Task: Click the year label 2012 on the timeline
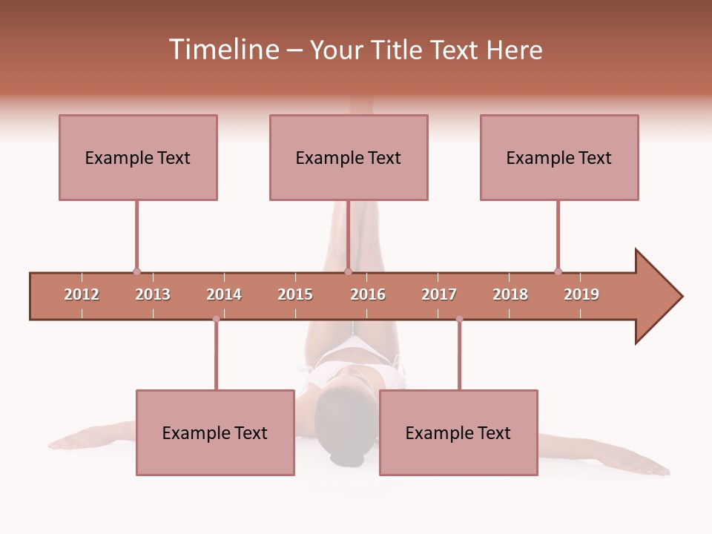(82, 294)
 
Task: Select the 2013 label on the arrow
(153, 294)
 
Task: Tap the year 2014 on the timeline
(224, 294)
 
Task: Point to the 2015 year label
(295, 294)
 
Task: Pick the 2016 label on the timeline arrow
(368, 294)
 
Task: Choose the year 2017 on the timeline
(439, 294)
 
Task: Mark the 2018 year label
(510, 294)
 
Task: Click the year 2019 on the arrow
(581, 294)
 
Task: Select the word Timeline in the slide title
(222, 50)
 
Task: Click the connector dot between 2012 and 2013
(136, 271)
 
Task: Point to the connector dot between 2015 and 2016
(348, 271)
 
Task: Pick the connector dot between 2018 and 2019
(558, 271)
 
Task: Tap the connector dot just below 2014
(216, 319)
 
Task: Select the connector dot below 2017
(459, 319)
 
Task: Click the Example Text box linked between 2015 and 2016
(349, 157)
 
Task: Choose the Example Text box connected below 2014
(215, 432)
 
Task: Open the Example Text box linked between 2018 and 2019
(559, 157)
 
